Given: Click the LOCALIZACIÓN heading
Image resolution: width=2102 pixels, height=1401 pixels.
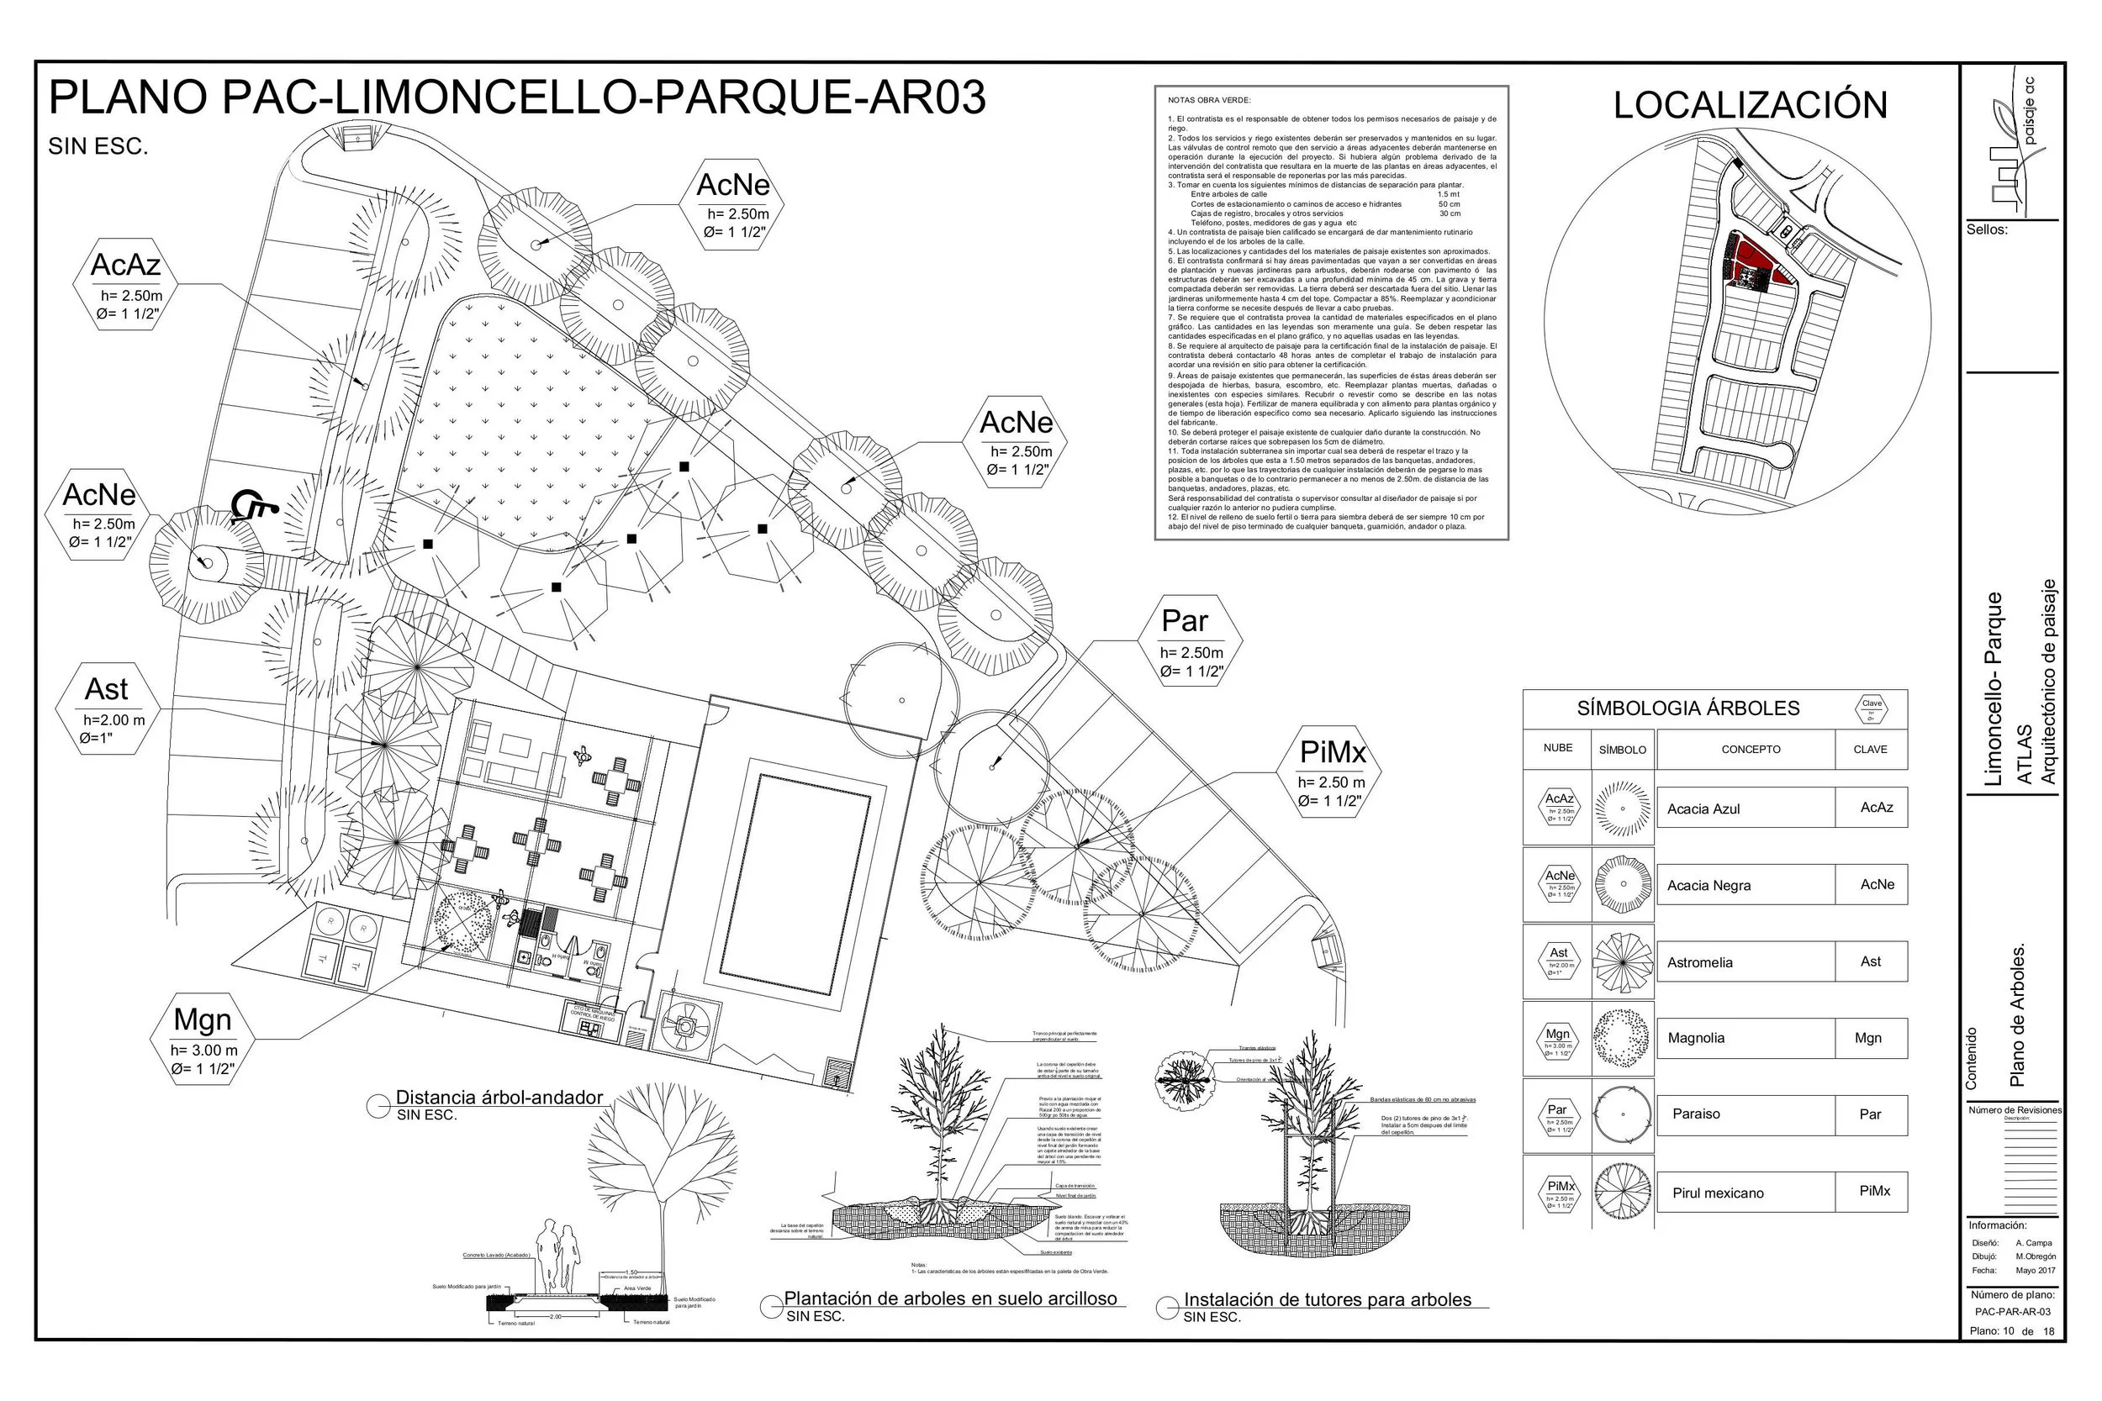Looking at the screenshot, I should coord(1749,105).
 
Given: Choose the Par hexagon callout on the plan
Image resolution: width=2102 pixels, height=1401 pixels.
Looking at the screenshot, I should coord(1190,641).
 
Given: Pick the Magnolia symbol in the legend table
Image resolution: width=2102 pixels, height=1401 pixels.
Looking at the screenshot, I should coord(1622,1038).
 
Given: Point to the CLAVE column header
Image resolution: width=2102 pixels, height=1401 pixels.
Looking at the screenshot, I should coord(1870,750).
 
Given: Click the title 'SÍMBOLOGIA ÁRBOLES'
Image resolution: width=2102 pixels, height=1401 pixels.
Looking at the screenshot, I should coord(1687,708).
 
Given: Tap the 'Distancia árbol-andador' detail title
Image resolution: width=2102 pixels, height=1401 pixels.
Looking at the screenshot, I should coord(499,1098).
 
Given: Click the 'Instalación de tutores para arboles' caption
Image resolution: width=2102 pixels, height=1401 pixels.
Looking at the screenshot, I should coord(1326,1300).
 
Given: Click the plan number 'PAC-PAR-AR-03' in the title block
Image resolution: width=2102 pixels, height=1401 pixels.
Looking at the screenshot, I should coord(2013,1312).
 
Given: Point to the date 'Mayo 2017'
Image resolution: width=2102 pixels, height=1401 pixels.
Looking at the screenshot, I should coord(2035,1270).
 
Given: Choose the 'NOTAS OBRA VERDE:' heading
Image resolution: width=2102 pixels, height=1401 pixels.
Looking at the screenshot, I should coord(1209,100).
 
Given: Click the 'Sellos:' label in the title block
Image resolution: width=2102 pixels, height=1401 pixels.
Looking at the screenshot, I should coord(1986,229).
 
